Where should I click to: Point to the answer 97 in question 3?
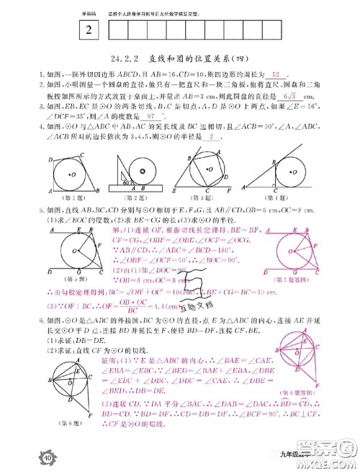tap(149, 115)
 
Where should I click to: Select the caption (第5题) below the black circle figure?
tap(68, 276)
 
